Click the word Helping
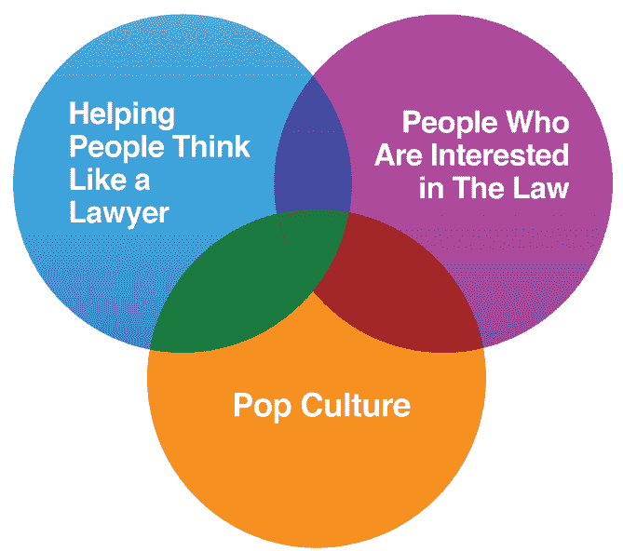[x=122, y=115]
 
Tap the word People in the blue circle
[x=113, y=147]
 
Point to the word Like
[x=95, y=179]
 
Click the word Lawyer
[x=119, y=211]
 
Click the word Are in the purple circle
[x=399, y=154]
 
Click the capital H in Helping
[x=79, y=114]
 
